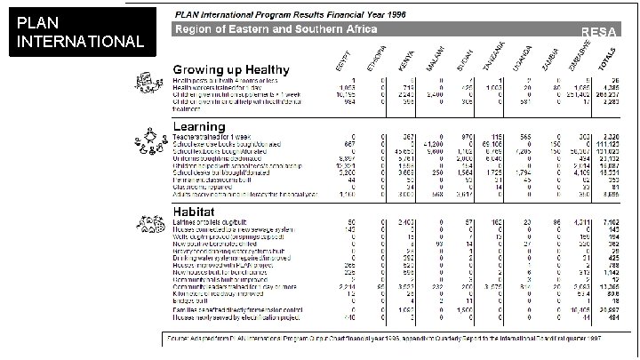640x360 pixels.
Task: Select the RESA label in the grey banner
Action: click(594, 31)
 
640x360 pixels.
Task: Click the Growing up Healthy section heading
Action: click(231, 69)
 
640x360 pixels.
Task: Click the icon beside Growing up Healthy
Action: click(146, 82)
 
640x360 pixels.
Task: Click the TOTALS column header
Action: click(606, 60)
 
